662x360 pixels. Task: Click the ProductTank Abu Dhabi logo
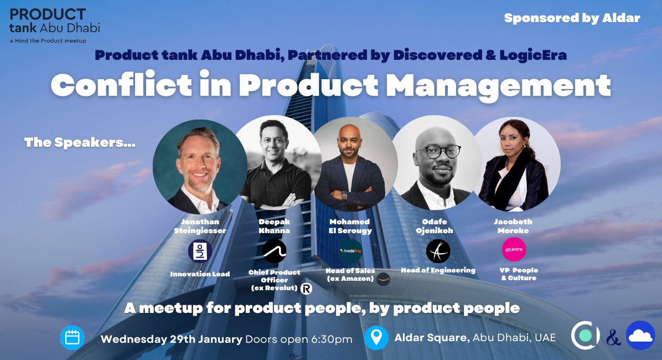[x=54, y=25]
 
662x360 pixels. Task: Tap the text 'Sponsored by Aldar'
[x=572, y=18]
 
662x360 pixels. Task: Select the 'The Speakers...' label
[x=80, y=142]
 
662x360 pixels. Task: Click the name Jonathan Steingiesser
[x=200, y=226]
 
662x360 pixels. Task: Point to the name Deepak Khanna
[x=275, y=226]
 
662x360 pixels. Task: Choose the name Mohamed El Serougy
[x=350, y=226]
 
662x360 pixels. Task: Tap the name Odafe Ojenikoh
[x=438, y=226]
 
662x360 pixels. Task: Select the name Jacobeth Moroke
[x=513, y=226]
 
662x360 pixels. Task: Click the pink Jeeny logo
[x=514, y=250]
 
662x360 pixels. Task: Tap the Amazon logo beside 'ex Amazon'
[x=383, y=279]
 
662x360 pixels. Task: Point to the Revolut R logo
[x=306, y=289]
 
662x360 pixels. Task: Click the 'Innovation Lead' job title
[x=200, y=274]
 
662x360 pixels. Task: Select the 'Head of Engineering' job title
[x=438, y=270]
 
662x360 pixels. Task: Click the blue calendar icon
[x=72, y=338]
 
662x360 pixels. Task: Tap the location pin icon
[x=376, y=338]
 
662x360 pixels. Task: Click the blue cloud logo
[x=640, y=336]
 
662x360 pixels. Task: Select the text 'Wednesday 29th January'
[x=171, y=339]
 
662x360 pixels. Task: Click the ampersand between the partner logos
[x=613, y=337]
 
